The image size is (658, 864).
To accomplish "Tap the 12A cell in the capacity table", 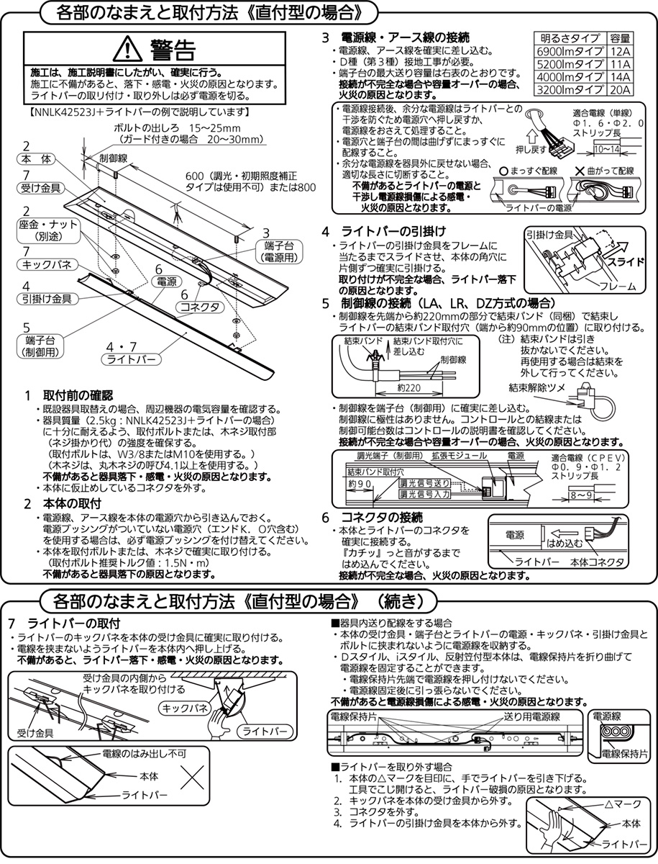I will [x=619, y=50].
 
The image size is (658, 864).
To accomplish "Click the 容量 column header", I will [x=619, y=37].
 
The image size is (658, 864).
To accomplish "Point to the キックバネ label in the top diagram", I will [x=45, y=265].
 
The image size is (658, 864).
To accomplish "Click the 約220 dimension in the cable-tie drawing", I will [x=408, y=387].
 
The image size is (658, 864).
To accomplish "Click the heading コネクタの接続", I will [x=382, y=517].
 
